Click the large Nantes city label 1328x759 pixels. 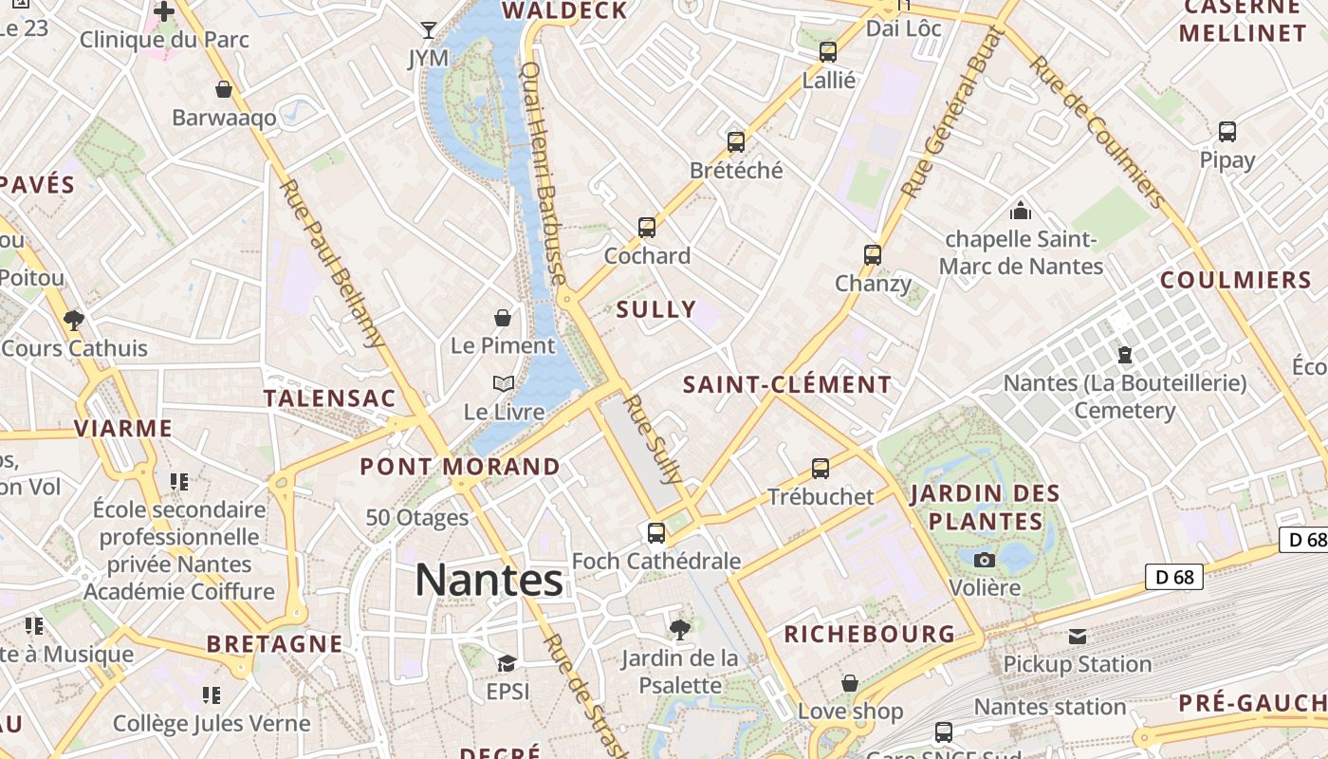pos(489,580)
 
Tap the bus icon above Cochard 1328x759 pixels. pos(647,228)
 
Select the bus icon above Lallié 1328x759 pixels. pos(828,52)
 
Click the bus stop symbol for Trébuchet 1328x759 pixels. pos(821,469)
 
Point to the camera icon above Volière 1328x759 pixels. pos(985,560)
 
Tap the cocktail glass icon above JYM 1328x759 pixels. pos(429,29)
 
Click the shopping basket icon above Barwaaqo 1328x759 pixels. pos(224,89)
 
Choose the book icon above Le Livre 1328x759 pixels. pos(503,384)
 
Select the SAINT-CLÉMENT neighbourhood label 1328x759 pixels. pos(787,384)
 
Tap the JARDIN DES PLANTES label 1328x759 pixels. pos(985,508)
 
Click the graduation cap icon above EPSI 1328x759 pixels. pos(507,663)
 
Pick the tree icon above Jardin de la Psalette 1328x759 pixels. pos(679,628)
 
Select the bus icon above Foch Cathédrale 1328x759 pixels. pos(655,533)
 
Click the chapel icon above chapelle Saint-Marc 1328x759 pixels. pos(1021,210)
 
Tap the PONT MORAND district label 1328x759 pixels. pos(460,466)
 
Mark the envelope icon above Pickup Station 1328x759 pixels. pos(1078,636)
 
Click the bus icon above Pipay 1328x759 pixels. pos(1227,132)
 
